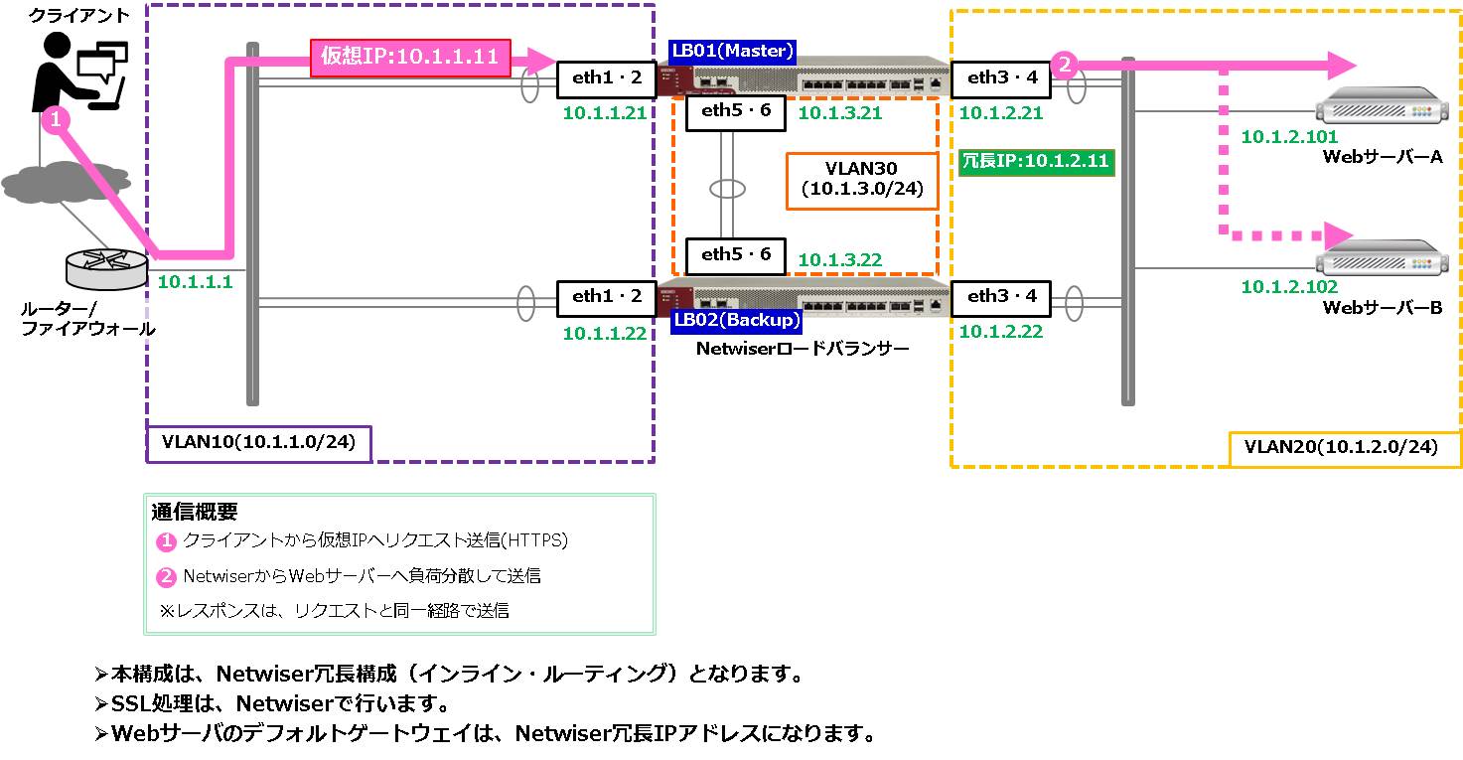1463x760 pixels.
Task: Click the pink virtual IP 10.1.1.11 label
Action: [410, 58]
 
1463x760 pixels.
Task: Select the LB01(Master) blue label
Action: [732, 51]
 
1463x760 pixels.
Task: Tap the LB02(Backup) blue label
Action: [736, 320]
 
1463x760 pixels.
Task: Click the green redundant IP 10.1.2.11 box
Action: [1037, 161]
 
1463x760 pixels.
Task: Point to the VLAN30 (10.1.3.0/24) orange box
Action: [862, 181]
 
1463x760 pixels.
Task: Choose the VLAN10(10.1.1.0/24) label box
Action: [258, 444]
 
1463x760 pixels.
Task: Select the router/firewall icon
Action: [107, 268]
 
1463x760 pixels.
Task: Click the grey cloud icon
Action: [66, 181]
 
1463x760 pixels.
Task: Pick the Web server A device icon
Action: [1382, 105]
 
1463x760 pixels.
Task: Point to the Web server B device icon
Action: [1382, 257]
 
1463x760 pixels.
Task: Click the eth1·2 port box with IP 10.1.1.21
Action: [607, 79]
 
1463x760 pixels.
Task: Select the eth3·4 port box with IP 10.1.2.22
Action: [1001, 298]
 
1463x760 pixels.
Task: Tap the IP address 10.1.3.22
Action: [840, 260]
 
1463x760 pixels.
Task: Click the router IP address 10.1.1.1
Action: [196, 282]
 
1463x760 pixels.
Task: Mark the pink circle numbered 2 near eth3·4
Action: [1065, 65]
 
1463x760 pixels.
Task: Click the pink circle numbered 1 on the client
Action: [57, 119]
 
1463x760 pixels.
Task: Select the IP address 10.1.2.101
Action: [1289, 137]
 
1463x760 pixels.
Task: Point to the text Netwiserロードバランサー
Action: [803, 349]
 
